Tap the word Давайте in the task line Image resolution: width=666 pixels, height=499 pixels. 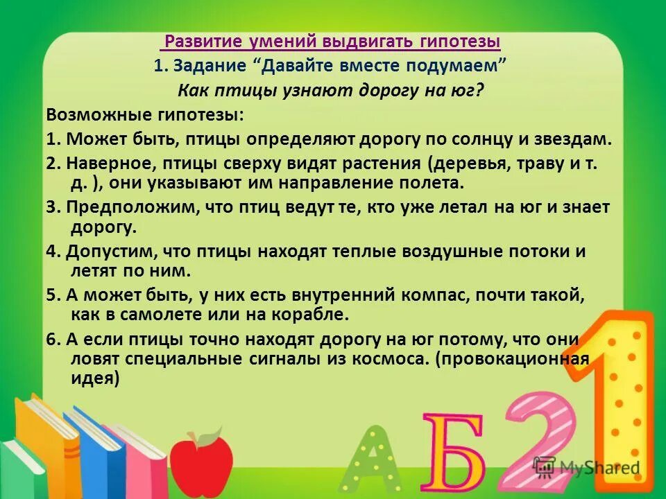pyautogui.click(x=301, y=67)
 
